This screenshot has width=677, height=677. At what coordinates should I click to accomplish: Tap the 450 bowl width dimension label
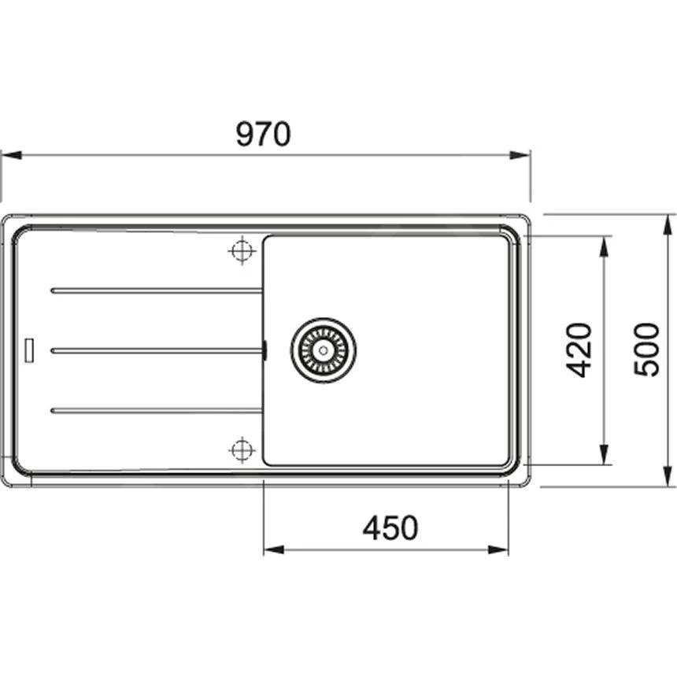390,527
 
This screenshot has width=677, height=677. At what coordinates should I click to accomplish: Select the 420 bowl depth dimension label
579,350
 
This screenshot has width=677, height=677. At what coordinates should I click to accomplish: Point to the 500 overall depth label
646,350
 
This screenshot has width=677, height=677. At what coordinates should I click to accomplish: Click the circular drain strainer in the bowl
323,350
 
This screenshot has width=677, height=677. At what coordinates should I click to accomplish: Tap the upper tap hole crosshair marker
242,251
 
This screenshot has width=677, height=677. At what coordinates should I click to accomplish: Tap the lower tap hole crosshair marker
242,449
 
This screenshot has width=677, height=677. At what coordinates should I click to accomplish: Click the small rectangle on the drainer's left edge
30,350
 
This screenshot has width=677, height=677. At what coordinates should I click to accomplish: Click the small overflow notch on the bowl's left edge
265,350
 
